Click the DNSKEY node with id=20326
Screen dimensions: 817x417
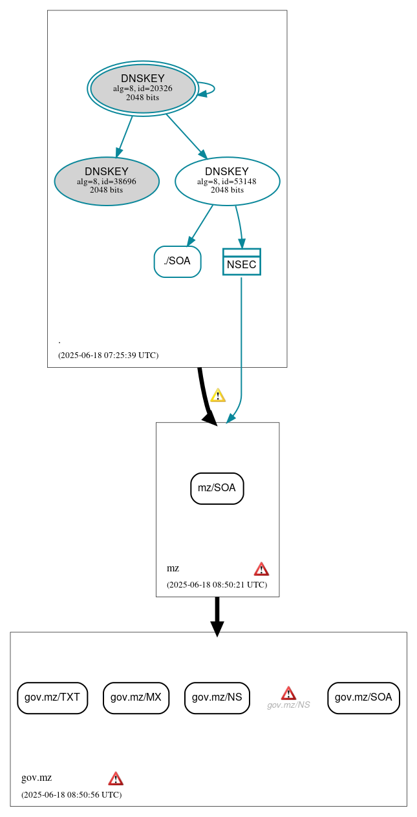pos(143,88)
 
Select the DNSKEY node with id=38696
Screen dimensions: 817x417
pos(107,182)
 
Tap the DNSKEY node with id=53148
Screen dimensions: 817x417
pos(227,182)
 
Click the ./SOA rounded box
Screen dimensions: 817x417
pos(177,261)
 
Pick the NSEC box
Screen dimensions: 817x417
pos(241,262)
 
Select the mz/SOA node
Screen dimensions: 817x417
pos(217,488)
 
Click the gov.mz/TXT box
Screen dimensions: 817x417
pos(52,697)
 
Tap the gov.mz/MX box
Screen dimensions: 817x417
pos(136,697)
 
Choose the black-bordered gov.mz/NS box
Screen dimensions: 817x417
pos(217,697)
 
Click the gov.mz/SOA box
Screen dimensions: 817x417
pos(363,697)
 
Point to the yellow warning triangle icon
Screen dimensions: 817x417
pos(218,395)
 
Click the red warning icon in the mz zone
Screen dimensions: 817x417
pos(261,569)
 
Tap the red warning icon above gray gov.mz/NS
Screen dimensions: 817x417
pos(288,693)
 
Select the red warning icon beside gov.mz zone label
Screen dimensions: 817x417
pos(116,778)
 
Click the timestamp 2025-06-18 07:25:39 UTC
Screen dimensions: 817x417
pos(108,355)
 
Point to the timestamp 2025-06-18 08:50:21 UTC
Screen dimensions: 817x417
pos(217,584)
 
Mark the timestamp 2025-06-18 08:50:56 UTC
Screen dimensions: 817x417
pos(71,794)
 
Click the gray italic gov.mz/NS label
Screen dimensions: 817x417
pos(288,705)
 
